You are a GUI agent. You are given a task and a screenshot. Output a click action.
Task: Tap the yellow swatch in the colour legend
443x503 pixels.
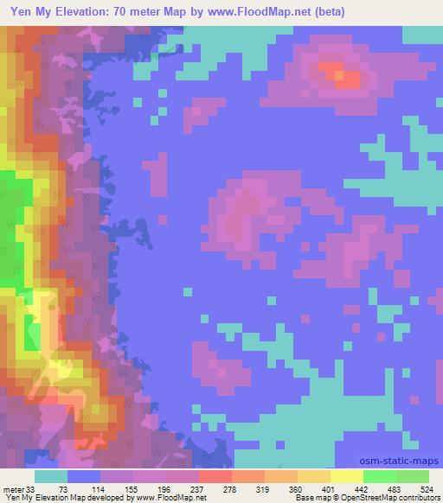(346, 476)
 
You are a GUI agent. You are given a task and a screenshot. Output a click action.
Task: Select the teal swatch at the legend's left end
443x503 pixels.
(51, 476)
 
